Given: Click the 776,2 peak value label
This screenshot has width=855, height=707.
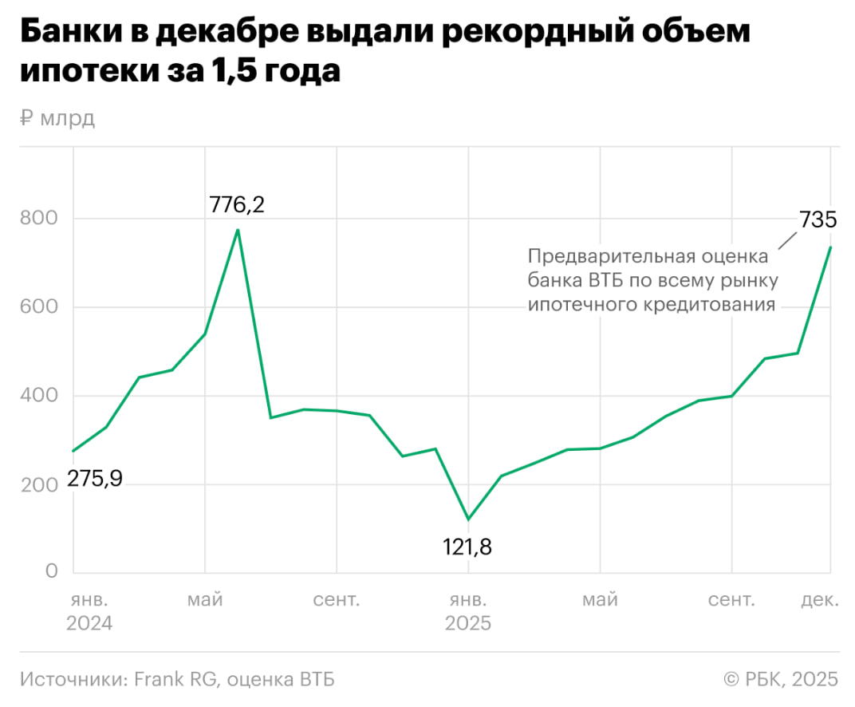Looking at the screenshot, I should click(236, 205).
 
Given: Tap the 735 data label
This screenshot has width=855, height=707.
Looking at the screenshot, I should click(818, 220).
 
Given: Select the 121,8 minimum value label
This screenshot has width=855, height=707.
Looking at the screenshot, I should click(468, 547).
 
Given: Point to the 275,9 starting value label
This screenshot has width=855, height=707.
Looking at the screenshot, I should click(94, 481).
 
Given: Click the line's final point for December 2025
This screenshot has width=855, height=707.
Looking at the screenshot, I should click(830, 247).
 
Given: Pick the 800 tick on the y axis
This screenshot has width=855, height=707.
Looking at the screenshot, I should click(39, 218).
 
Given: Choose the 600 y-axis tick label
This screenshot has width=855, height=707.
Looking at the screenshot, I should click(39, 306).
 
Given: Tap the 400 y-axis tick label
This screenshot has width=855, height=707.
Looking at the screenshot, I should click(39, 395).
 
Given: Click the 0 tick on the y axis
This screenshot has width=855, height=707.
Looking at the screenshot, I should click(51, 571).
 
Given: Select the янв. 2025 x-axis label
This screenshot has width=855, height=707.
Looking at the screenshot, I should click(468, 610).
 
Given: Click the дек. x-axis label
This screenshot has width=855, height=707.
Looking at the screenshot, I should click(820, 599).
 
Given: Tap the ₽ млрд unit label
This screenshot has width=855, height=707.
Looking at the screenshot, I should click(57, 119).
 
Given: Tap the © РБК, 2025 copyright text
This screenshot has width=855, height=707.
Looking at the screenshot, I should click(781, 679).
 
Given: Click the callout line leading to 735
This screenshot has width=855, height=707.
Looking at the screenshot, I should click(786, 241).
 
